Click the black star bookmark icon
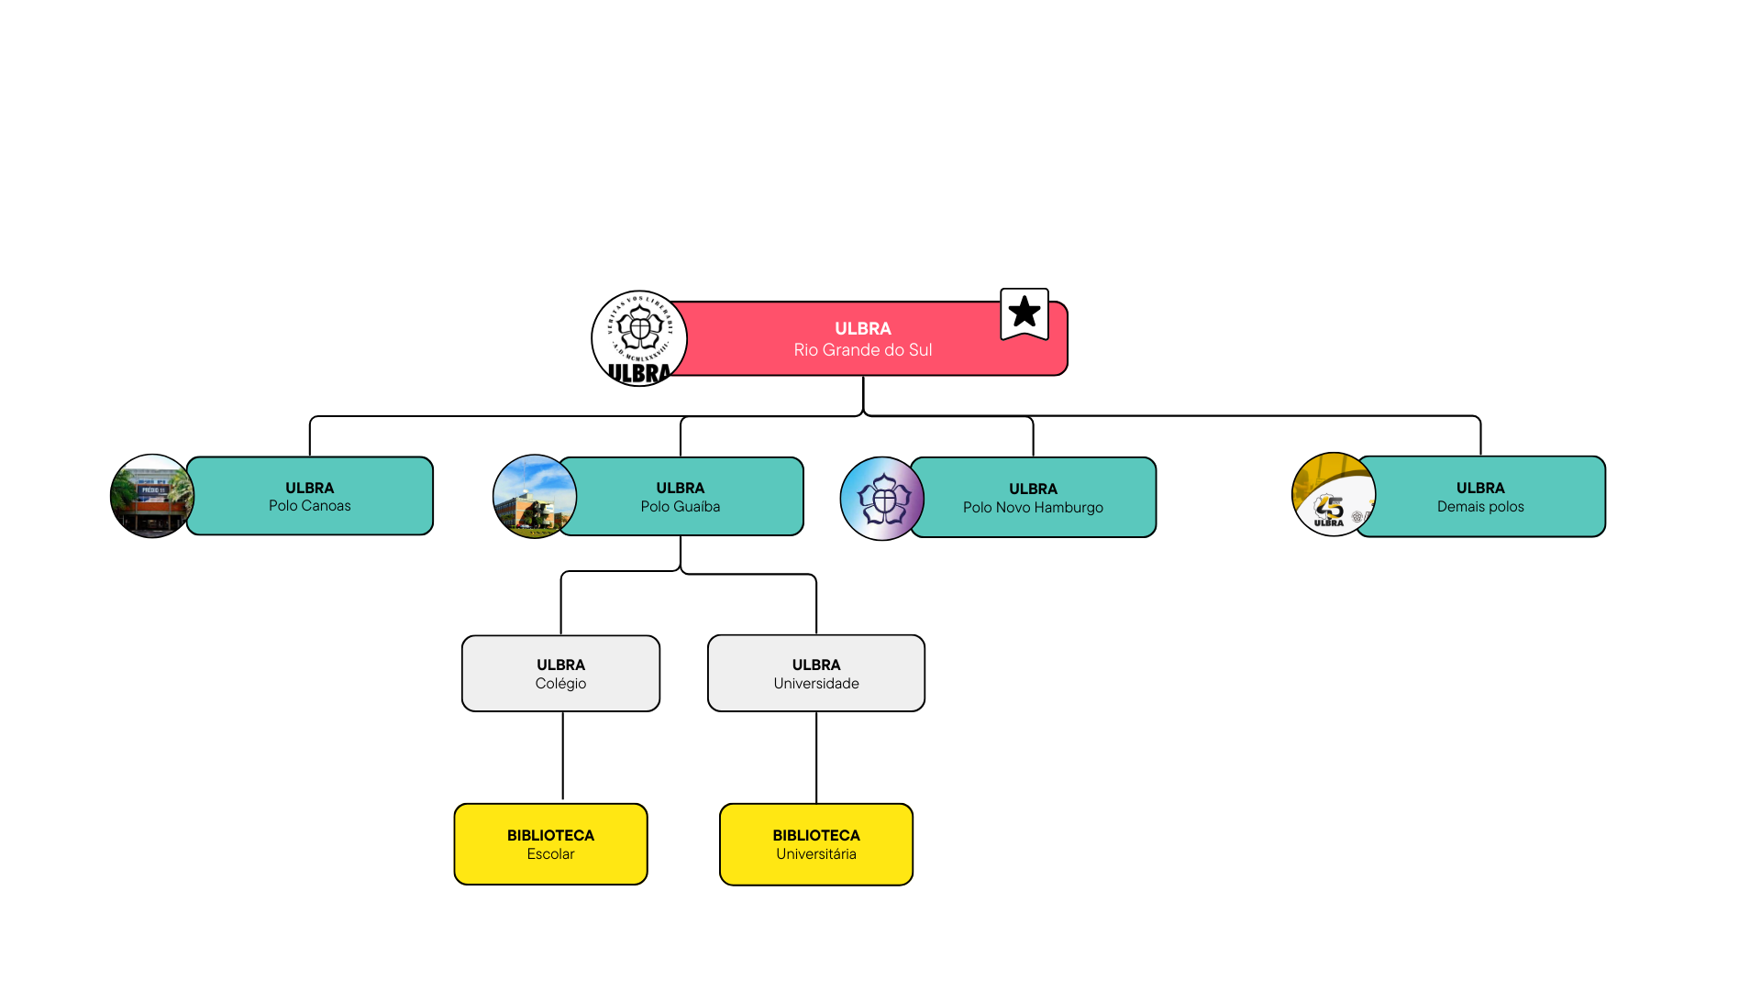[x=1024, y=313]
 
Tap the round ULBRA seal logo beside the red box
[x=639, y=338]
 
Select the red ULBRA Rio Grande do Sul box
[x=862, y=339]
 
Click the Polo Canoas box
[x=310, y=496]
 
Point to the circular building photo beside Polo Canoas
[x=151, y=496]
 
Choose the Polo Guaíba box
[x=681, y=497]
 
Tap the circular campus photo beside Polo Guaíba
[x=534, y=497]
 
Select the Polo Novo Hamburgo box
[x=1034, y=498]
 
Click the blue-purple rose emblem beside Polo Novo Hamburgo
[x=881, y=499]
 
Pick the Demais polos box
[x=1480, y=497]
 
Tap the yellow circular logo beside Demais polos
[x=1333, y=495]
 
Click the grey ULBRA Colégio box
[x=560, y=674]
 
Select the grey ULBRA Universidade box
[x=816, y=674]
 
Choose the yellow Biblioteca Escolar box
[x=550, y=844]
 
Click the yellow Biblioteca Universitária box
[x=816, y=844]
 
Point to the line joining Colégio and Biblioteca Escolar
[x=562, y=756]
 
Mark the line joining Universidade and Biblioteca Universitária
[x=816, y=757]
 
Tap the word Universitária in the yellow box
[x=816, y=854]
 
